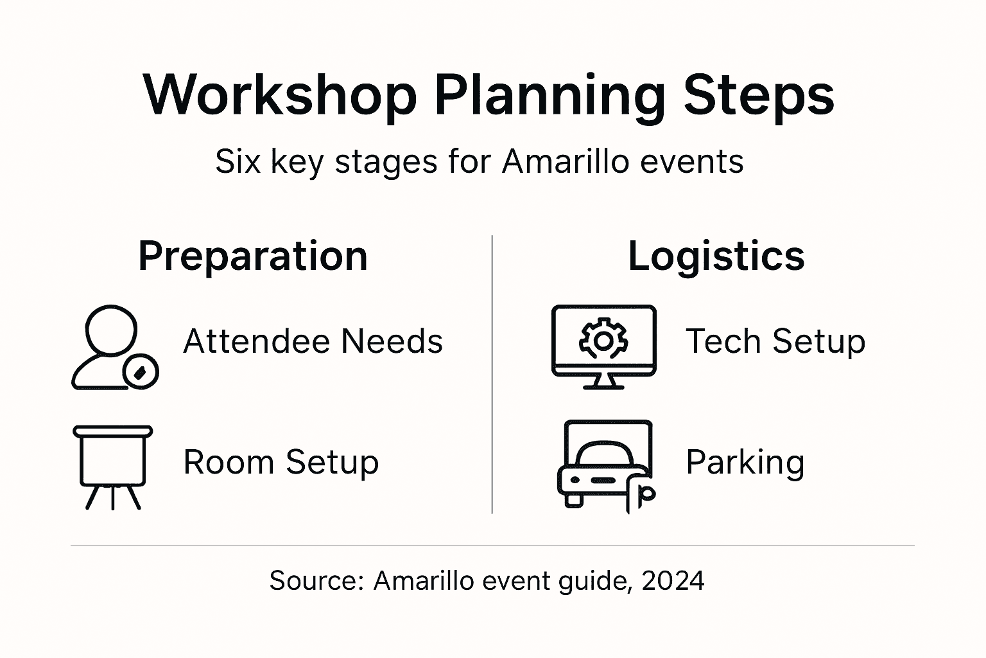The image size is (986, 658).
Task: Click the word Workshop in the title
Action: pos(280,95)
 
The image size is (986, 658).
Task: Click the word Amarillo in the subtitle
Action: pos(565,161)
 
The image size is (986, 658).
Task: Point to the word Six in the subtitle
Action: pos(238,161)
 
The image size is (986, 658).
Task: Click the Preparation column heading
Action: pos(253,256)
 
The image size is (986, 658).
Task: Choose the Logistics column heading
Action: pos(716,256)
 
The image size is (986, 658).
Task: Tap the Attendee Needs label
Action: pos(313,341)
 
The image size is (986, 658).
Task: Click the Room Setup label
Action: pos(281,462)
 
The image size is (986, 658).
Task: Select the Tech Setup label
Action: pos(775,341)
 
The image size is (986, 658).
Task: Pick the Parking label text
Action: pos(745,462)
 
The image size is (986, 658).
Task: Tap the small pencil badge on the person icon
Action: pos(141,371)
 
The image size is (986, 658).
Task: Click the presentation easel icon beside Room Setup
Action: pos(113,466)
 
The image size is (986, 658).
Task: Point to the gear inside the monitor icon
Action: pos(603,341)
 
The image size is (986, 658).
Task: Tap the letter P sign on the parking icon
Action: pos(643,495)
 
